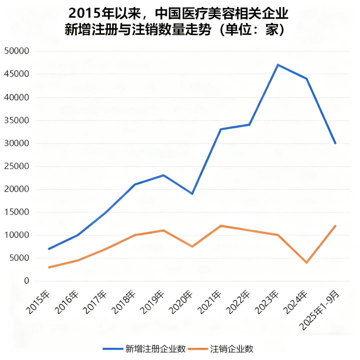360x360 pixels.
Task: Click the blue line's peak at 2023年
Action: (x=278, y=65)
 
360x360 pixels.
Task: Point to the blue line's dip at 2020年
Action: (x=192, y=194)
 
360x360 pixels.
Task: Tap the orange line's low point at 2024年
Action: (x=306, y=263)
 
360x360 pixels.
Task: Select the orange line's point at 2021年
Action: (x=221, y=226)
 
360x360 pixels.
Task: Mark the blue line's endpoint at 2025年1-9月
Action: (x=335, y=143)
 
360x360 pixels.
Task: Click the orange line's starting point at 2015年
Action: (x=49, y=267)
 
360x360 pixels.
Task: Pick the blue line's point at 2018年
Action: (x=135, y=184)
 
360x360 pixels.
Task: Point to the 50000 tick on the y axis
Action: (x=17, y=51)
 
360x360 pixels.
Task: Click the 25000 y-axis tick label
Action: (x=17, y=166)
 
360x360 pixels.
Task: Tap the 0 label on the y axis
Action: (x=27, y=281)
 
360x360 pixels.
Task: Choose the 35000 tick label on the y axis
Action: (x=17, y=120)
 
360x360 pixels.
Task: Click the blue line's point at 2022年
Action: (x=249, y=125)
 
